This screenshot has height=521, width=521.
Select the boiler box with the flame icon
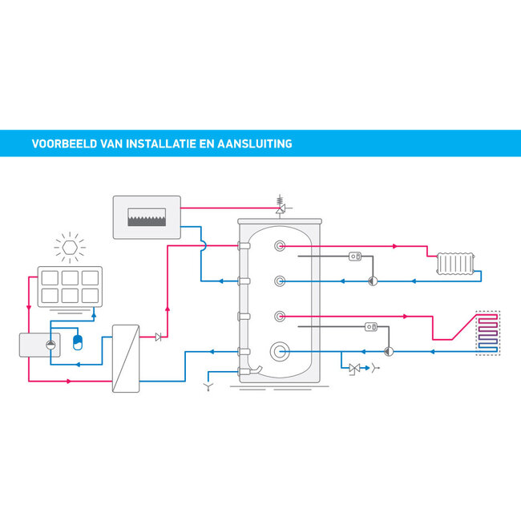tap(147, 216)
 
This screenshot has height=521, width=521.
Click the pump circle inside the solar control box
tap(50, 345)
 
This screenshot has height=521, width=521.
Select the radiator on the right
tap(456, 264)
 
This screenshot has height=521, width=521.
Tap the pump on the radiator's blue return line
tap(372, 281)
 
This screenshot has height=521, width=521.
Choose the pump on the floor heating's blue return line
tap(388, 350)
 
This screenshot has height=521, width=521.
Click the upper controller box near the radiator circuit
tap(356, 257)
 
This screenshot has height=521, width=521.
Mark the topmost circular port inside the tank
tap(279, 246)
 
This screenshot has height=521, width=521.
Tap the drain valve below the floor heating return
tap(354, 369)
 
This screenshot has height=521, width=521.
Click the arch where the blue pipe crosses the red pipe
tap(204, 244)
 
